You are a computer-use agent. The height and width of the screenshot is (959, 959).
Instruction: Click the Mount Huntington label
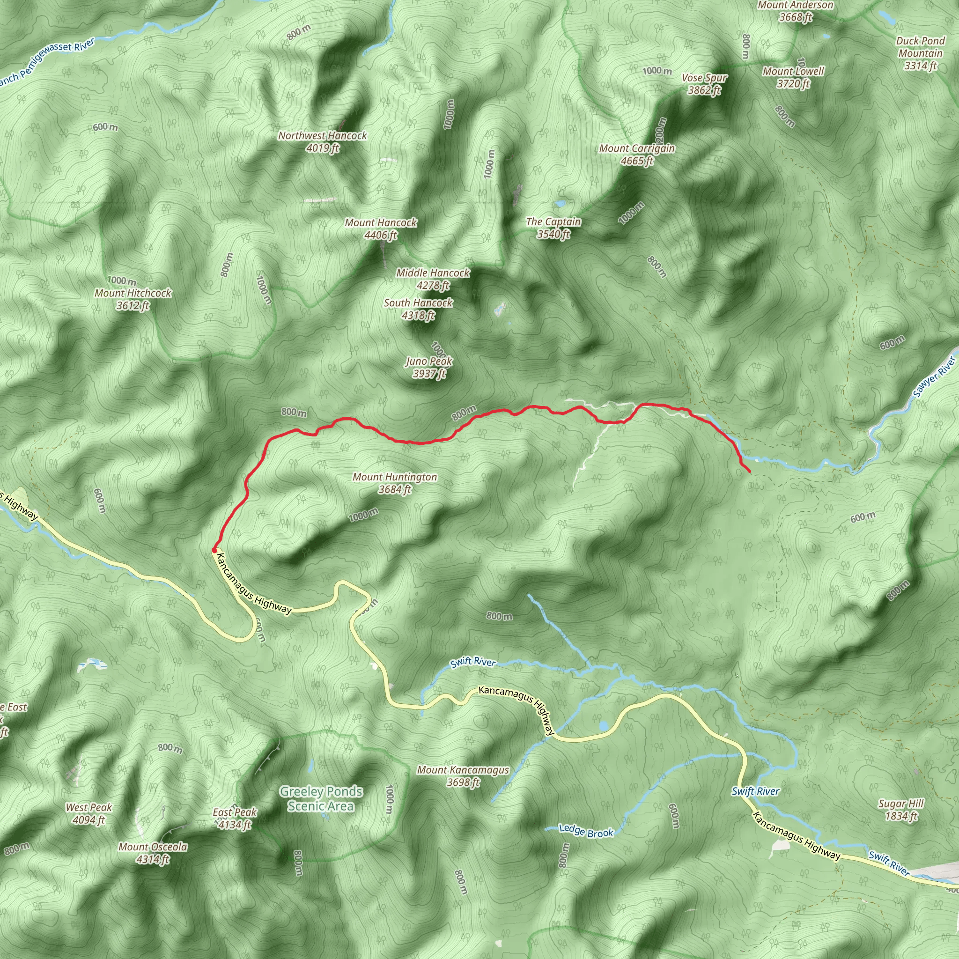pyautogui.click(x=395, y=483)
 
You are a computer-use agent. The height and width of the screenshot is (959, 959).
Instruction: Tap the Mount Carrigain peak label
pyautogui.click(x=637, y=155)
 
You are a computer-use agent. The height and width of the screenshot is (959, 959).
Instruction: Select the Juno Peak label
pyautogui.click(x=429, y=367)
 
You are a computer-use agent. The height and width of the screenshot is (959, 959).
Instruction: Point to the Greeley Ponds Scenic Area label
pyautogui.click(x=321, y=799)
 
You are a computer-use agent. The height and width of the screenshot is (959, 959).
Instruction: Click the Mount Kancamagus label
pyautogui.click(x=463, y=776)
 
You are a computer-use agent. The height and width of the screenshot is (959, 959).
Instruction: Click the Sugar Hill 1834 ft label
pyautogui.click(x=901, y=810)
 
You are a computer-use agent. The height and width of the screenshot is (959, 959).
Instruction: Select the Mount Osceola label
pyautogui.click(x=153, y=853)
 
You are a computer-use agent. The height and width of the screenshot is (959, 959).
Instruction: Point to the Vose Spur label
pyautogui.click(x=704, y=84)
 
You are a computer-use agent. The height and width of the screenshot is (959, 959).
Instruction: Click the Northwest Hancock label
pyautogui.click(x=322, y=141)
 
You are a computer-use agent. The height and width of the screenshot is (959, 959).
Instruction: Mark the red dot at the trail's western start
pyautogui.click(x=214, y=550)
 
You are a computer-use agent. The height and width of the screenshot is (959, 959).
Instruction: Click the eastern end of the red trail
pyautogui.click(x=749, y=471)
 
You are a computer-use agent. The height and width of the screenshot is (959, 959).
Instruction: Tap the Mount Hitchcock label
pyautogui.click(x=133, y=299)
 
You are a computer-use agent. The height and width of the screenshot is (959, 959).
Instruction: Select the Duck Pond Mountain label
pyautogui.click(x=920, y=53)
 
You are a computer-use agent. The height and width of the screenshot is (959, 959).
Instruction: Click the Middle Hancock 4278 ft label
pyautogui.click(x=433, y=279)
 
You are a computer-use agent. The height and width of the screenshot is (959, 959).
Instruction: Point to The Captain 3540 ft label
pyautogui.click(x=553, y=228)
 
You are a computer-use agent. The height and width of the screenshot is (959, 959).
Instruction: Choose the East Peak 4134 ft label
pyautogui.click(x=235, y=819)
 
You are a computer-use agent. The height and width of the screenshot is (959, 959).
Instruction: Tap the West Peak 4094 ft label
pyautogui.click(x=89, y=813)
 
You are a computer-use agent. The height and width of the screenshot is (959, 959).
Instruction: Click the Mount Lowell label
pyautogui.click(x=793, y=77)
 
